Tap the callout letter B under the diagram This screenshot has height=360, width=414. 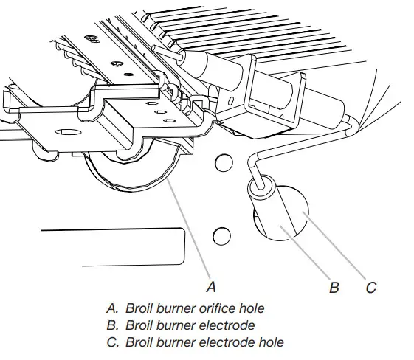(x=334, y=287)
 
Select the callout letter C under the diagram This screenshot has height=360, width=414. (x=370, y=287)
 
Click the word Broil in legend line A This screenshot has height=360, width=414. (x=140, y=308)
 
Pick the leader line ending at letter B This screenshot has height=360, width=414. (x=310, y=255)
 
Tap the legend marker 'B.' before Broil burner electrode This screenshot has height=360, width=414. (x=113, y=325)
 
